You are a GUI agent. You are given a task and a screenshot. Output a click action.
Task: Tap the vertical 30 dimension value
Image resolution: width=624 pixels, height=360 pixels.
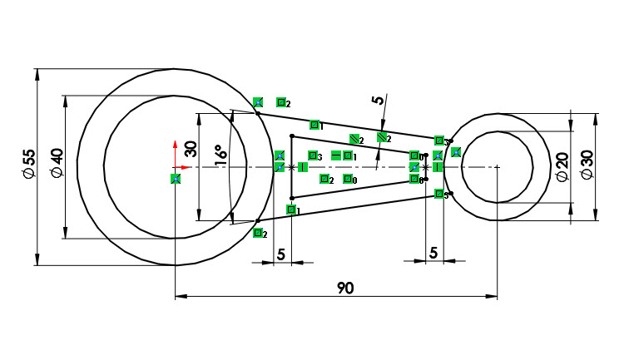pos(191,149)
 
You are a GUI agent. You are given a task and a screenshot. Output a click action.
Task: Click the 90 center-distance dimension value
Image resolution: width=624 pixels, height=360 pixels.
pos(345,288)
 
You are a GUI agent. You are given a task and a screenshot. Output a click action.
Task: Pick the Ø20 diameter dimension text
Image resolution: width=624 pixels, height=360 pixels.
pos(562,166)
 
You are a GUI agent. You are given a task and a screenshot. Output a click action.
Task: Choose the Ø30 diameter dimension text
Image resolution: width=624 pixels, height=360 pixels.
pos(587,166)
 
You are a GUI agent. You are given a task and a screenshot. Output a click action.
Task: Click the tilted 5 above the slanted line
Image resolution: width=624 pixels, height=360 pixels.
pos(379,101)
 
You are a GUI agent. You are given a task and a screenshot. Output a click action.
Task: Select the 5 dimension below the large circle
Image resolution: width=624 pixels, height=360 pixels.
pos(280,254)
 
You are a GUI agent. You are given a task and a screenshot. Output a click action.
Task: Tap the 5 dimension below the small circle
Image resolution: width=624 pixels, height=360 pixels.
pos(433,254)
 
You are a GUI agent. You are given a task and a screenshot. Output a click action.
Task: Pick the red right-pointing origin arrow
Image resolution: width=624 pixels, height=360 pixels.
pos(186,167)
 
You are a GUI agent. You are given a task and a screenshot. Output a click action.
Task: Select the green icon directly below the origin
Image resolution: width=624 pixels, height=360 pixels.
pos(176,179)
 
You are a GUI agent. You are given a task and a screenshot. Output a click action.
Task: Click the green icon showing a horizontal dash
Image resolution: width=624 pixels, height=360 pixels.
pos(336,155)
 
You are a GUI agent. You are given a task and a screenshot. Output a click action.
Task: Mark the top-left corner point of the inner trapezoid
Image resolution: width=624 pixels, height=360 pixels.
pos(291,136)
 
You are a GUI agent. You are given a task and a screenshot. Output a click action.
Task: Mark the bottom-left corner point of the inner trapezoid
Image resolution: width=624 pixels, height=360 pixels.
pos(291,198)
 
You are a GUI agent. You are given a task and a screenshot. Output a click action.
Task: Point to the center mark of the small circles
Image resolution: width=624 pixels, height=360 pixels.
pos(497,167)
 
